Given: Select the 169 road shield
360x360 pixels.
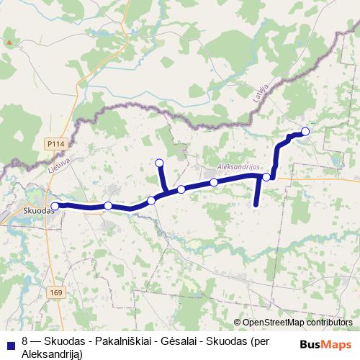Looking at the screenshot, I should (57, 293).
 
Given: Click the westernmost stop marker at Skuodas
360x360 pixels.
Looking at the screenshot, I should (55, 206).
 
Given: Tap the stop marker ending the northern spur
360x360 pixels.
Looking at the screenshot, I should (159, 163).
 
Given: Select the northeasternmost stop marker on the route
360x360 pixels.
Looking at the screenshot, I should (305, 131).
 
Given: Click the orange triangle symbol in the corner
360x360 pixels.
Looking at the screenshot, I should (9, 42).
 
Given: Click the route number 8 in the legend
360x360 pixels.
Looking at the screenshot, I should (25, 339).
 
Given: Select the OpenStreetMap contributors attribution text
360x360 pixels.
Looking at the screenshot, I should (298, 323).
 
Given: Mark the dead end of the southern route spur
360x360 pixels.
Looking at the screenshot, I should (256, 205).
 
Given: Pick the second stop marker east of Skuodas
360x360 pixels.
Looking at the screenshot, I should (151, 200).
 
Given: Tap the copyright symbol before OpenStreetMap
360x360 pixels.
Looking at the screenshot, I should (238, 323).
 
